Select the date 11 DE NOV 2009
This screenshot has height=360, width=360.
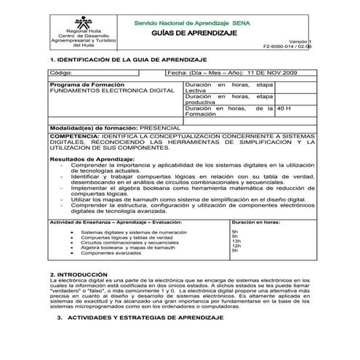coord(269,73)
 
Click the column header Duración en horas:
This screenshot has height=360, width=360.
coord(255,221)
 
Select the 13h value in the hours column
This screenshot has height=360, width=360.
coord(236,241)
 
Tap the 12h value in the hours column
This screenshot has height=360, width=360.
coord(236,246)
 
